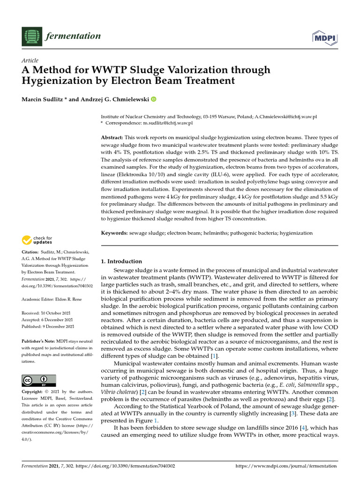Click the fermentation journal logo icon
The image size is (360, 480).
31,36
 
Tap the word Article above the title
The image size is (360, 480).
30,60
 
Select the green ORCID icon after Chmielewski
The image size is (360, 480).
153,99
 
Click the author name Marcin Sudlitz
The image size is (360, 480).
43,99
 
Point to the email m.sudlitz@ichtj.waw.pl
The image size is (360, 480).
167,123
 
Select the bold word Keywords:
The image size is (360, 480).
115,233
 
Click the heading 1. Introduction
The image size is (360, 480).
121,261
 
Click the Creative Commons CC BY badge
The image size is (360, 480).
39,380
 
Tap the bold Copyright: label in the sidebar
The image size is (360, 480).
34,391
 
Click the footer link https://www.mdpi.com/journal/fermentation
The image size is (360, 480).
285,466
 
